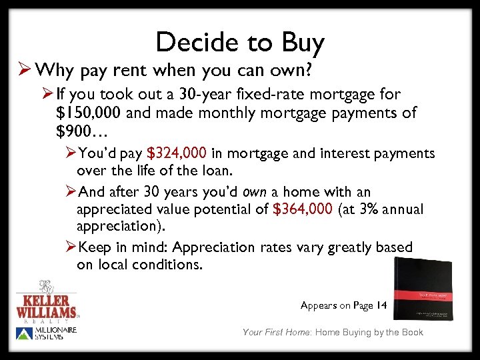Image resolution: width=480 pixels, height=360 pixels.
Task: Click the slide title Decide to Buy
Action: [240, 43]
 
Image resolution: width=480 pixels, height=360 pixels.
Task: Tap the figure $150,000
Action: [89, 113]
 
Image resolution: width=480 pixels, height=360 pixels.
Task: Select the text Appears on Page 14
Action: [343, 305]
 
